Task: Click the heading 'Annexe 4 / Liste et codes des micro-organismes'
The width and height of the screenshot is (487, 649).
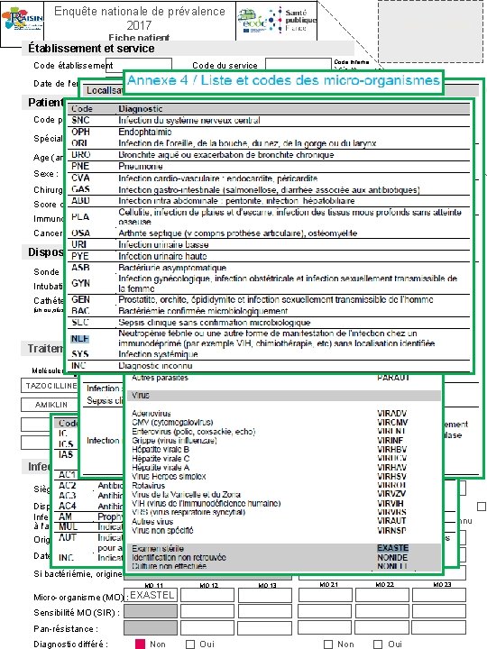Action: tap(284, 81)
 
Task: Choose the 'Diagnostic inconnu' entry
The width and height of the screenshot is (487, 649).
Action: tap(159, 365)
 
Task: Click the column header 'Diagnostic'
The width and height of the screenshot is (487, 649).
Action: tap(143, 107)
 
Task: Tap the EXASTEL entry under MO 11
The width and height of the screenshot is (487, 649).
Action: tap(152, 596)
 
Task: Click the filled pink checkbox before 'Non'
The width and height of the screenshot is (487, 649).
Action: tap(140, 644)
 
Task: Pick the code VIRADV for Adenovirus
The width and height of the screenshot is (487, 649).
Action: tap(393, 412)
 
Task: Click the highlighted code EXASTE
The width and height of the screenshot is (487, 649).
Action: tap(392, 548)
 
